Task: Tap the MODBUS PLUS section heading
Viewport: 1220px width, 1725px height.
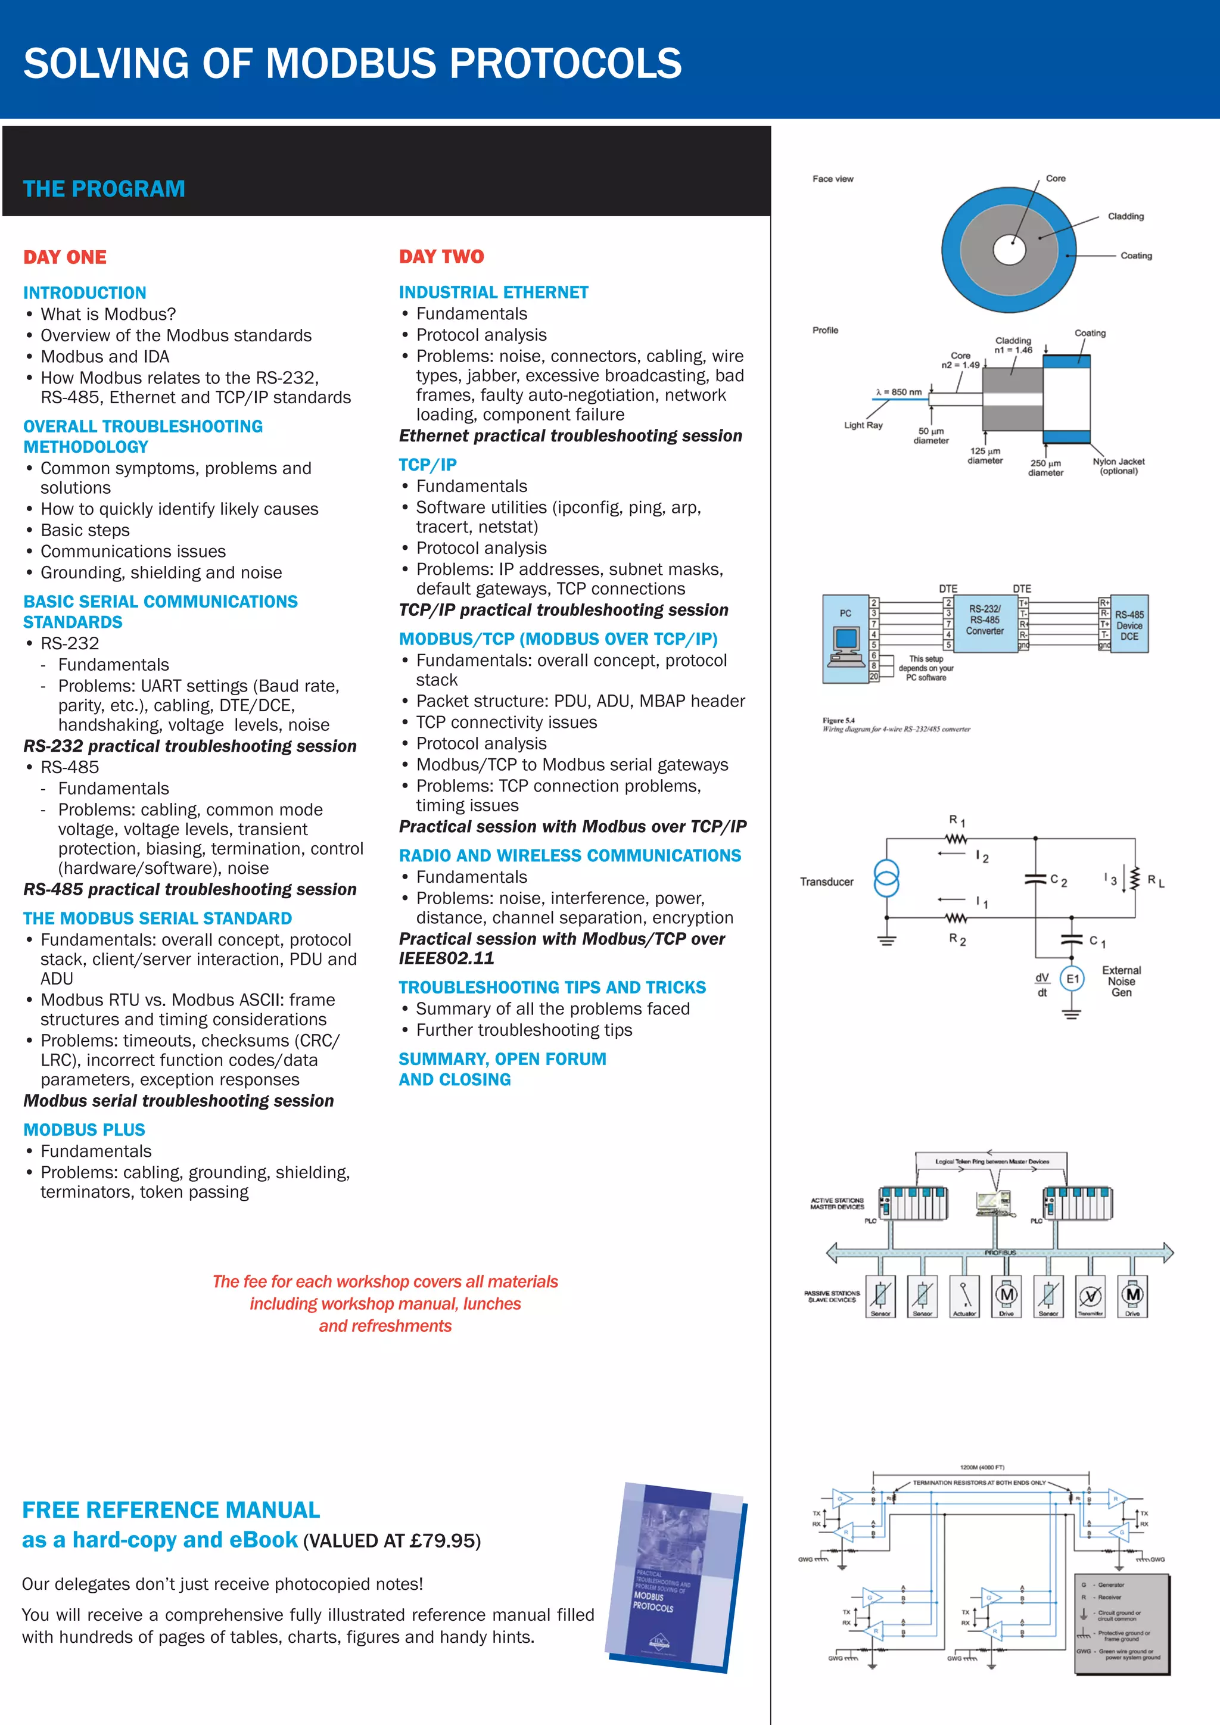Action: click(84, 1129)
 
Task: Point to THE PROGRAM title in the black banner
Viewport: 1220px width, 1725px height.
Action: click(104, 189)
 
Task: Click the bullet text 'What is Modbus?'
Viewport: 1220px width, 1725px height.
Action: click(108, 314)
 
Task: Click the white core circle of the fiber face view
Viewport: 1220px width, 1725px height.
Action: click(1009, 250)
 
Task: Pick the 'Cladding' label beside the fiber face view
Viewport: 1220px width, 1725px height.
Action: click(1125, 216)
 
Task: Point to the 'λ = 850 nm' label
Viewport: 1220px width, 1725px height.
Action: click(898, 392)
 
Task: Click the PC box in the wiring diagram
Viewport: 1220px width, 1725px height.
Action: click(846, 639)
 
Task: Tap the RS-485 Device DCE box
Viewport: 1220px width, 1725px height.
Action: click(1129, 624)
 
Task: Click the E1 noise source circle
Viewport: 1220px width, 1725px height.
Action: click(1072, 978)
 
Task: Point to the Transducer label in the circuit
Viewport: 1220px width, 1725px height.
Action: click(826, 882)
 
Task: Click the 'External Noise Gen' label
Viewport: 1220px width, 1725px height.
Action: click(1121, 981)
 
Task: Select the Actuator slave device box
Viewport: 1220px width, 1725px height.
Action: click(964, 1296)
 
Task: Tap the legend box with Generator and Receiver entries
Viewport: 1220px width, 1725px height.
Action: click(1122, 1623)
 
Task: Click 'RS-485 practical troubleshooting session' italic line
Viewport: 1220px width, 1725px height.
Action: click(190, 889)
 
